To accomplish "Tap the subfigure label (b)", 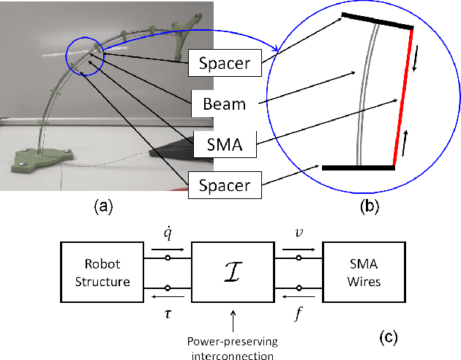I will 371,207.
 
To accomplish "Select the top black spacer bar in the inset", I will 378,20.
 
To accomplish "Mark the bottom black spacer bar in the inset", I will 359,168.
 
